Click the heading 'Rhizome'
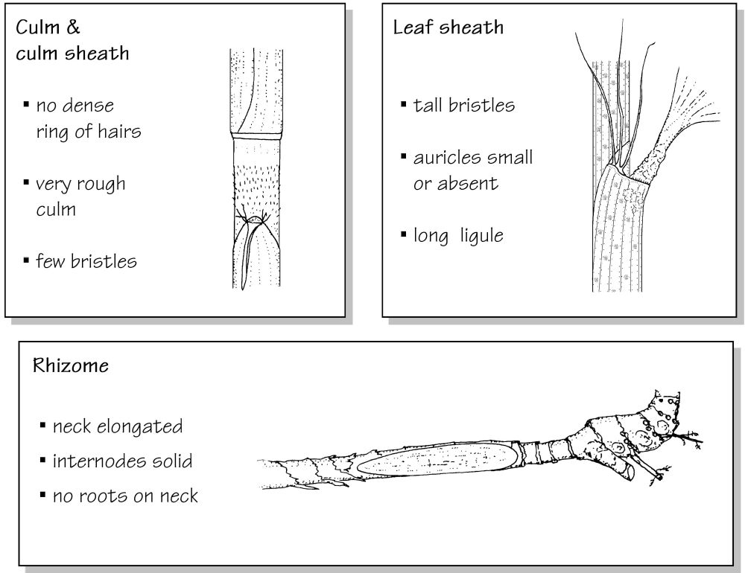tap(71, 366)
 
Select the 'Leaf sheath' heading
tap(448, 27)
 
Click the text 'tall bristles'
tap(463, 106)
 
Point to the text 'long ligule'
tap(458, 236)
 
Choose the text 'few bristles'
tap(86, 261)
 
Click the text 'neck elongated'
tap(118, 427)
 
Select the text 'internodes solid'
tap(123, 461)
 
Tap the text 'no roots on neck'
tap(125, 496)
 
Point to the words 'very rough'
tap(80, 185)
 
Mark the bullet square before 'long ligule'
tap(403, 234)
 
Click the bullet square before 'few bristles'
tap(26, 260)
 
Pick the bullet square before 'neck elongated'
tap(42, 424)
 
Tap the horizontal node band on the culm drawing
tap(257, 136)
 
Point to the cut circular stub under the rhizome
tap(627, 471)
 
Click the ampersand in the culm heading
tap(73, 27)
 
